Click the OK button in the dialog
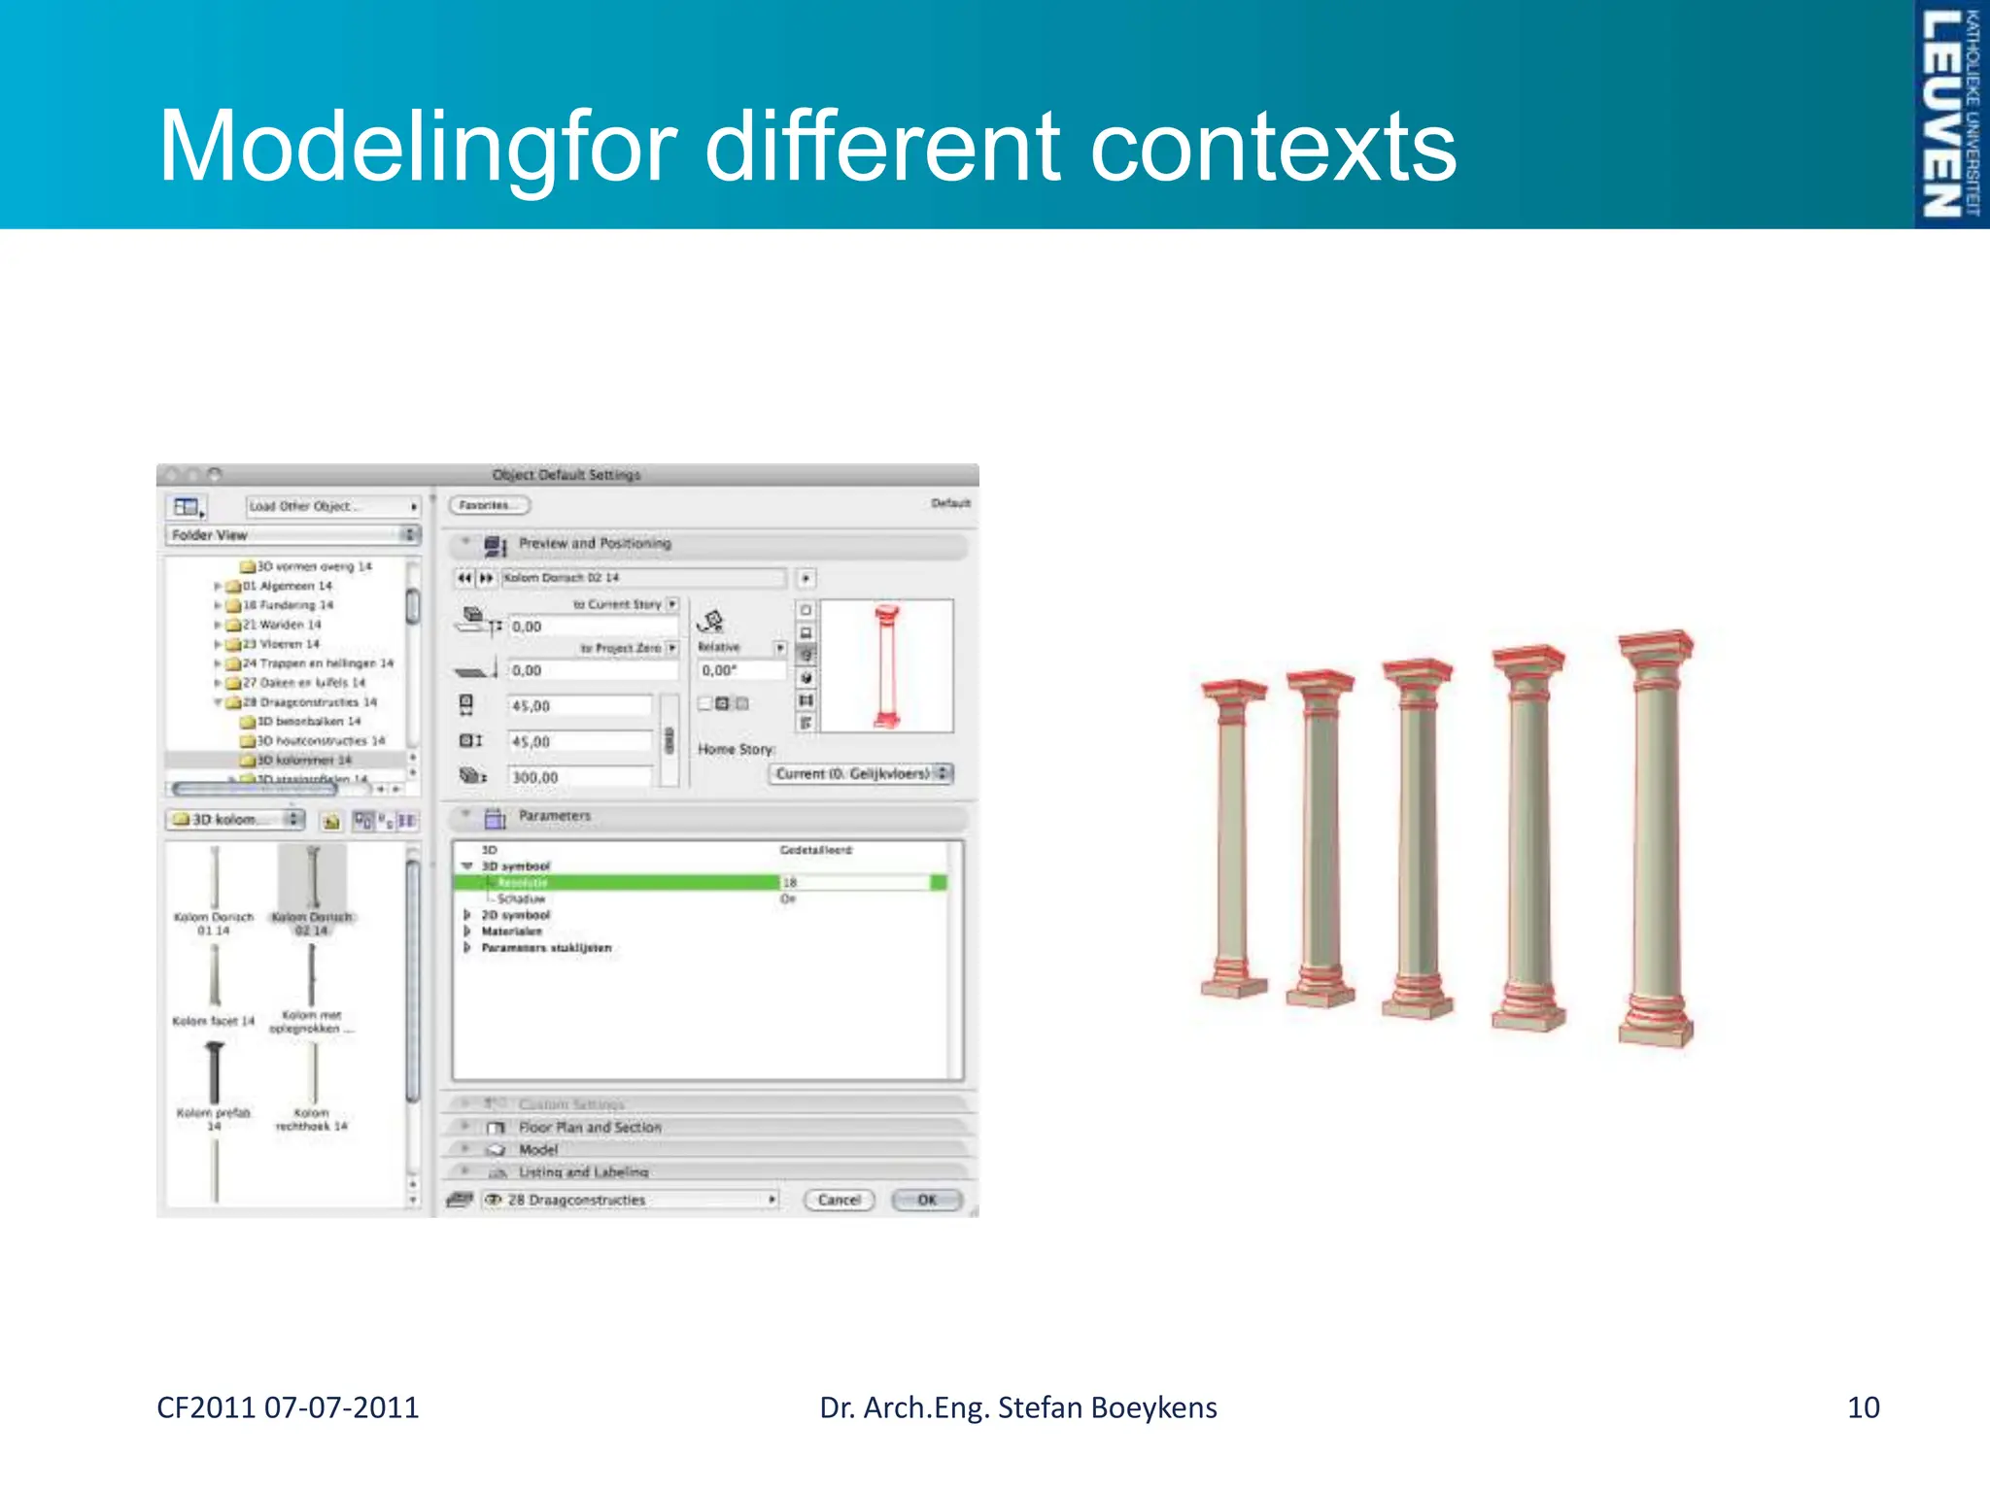[927, 1200]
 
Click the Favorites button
[490, 505]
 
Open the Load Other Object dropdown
[332, 506]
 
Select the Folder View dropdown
[292, 535]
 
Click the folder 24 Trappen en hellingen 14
[317, 663]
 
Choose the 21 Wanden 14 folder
[281, 625]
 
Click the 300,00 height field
[580, 777]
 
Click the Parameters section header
[554, 816]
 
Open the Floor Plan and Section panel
[590, 1127]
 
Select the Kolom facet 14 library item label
[214, 1021]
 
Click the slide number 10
[1863, 1407]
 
